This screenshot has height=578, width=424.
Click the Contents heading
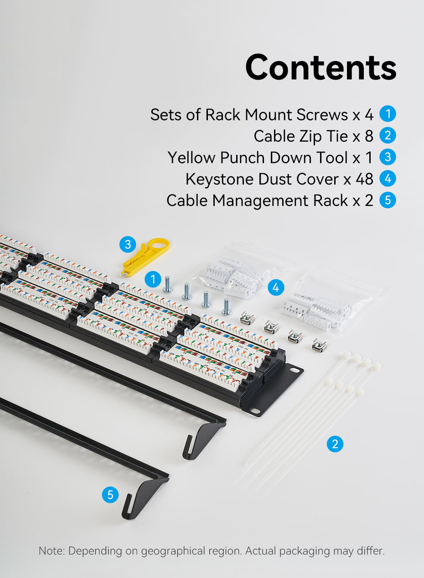pos(321,67)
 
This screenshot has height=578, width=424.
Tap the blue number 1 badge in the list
pos(388,114)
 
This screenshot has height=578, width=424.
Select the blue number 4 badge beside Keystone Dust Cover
pos(388,179)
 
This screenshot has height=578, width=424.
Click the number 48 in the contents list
pos(364,179)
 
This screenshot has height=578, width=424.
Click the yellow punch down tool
pos(145,256)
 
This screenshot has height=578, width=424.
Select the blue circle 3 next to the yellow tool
pos(128,244)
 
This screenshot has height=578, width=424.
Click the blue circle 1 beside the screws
pos(153,279)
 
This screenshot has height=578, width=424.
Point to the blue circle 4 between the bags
pos(276,287)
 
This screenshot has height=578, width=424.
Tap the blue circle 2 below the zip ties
pos(335,444)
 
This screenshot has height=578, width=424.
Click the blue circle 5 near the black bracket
pos(110,495)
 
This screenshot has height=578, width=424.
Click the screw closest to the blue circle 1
pos(168,284)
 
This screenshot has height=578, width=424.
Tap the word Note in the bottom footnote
pos(52,551)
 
